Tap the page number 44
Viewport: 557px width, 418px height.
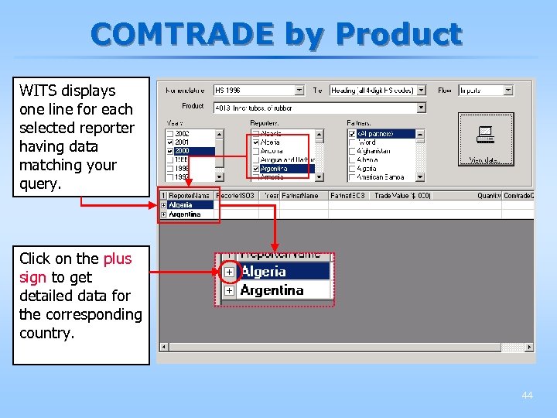[527, 396]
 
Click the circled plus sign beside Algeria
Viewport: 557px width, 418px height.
[230, 272]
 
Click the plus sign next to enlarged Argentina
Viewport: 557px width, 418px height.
[230, 291]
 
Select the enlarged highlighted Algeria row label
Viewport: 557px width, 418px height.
[264, 272]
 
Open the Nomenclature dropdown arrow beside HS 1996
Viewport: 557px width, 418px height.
[300, 91]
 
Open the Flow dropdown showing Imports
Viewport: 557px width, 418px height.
[507, 91]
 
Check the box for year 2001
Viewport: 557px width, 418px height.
[170, 142]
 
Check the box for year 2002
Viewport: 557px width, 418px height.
[170, 134]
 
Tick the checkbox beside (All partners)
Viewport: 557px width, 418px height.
[353, 134]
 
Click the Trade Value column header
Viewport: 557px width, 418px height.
[402, 196]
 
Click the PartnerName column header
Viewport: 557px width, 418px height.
[300, 196]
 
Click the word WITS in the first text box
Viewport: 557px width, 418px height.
[36, 91]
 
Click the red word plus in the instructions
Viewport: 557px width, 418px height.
[118, 259]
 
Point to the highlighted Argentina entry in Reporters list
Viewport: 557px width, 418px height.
[275, 169]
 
